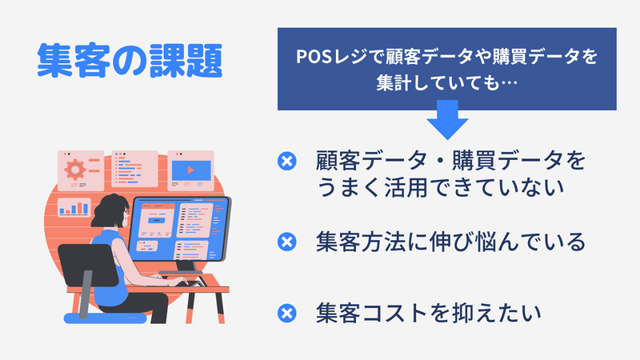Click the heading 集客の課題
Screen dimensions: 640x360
130,61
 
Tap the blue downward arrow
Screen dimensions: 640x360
447,119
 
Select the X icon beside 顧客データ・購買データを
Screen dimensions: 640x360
287,161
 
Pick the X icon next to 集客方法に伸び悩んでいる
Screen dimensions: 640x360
287,242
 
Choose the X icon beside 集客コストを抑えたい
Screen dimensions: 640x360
287,314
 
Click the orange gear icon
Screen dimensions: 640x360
75,170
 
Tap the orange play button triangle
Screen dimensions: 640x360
191,170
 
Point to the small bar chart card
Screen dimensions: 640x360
74,207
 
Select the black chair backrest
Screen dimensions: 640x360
88,266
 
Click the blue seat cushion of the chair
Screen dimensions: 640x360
105,318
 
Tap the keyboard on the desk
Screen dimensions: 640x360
188,282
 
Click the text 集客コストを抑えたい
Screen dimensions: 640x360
429,314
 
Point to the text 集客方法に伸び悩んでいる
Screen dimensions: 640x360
450,242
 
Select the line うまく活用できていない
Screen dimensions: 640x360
440,188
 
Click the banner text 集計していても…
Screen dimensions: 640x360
447,83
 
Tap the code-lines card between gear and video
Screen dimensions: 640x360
134,169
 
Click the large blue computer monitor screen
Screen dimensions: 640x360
179,230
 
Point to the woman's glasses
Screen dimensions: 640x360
126,212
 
